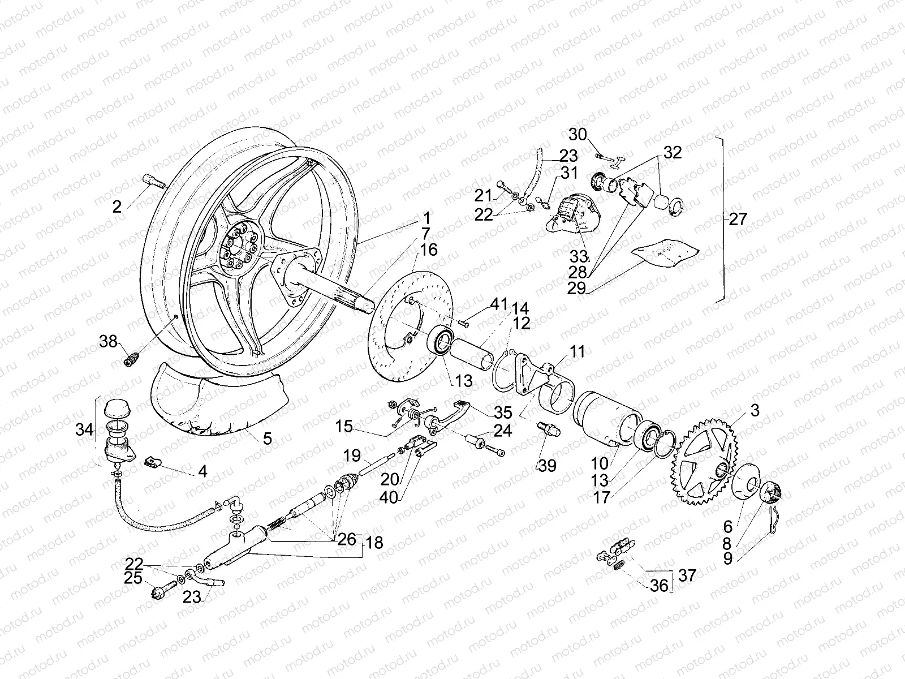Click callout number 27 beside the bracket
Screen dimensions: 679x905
pyautogui.click(x=738, y=220)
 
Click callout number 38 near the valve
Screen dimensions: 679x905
pyautogui.click(x=108, y=341)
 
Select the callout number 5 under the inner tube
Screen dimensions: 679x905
pyautogui.click(x=267, y=437)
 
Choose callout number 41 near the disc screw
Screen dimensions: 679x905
pyautogui.click(x=499, y=304)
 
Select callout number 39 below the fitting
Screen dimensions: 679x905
pyautogui.click(x=548, y=466)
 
